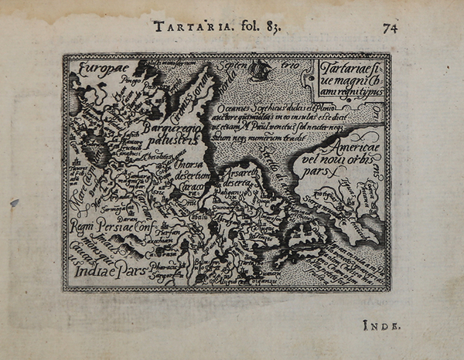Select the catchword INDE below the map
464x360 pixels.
(380, 327)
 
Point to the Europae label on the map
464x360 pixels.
(97, 69)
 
